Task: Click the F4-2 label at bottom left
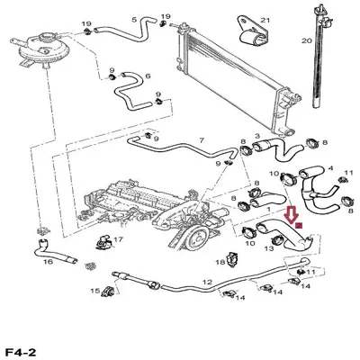[x=21, y=352]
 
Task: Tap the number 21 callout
[x=265, y=21]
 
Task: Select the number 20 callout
[x=307, y=40]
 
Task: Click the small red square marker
[x=298, y=225]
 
